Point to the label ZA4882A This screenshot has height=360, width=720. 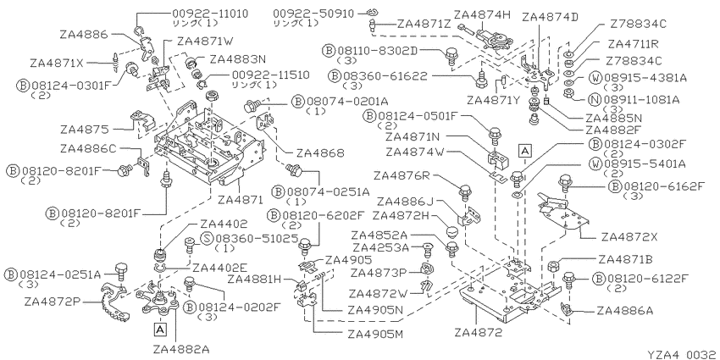[x=175, y=350]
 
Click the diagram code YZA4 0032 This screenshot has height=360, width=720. [x=682, y=354]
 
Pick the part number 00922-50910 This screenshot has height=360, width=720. [x=313, y=14]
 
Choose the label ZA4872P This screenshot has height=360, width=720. [x=53, y=302]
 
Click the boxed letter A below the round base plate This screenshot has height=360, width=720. [x=159, y=329]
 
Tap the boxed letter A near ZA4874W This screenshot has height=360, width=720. [x=525, y=149]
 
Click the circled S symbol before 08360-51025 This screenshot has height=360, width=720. [x=208, y=238]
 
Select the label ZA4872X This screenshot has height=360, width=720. [x=629, y=237]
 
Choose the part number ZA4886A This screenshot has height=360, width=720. [x=625, y=311]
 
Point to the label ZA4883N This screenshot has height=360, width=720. [x=238, y=58]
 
